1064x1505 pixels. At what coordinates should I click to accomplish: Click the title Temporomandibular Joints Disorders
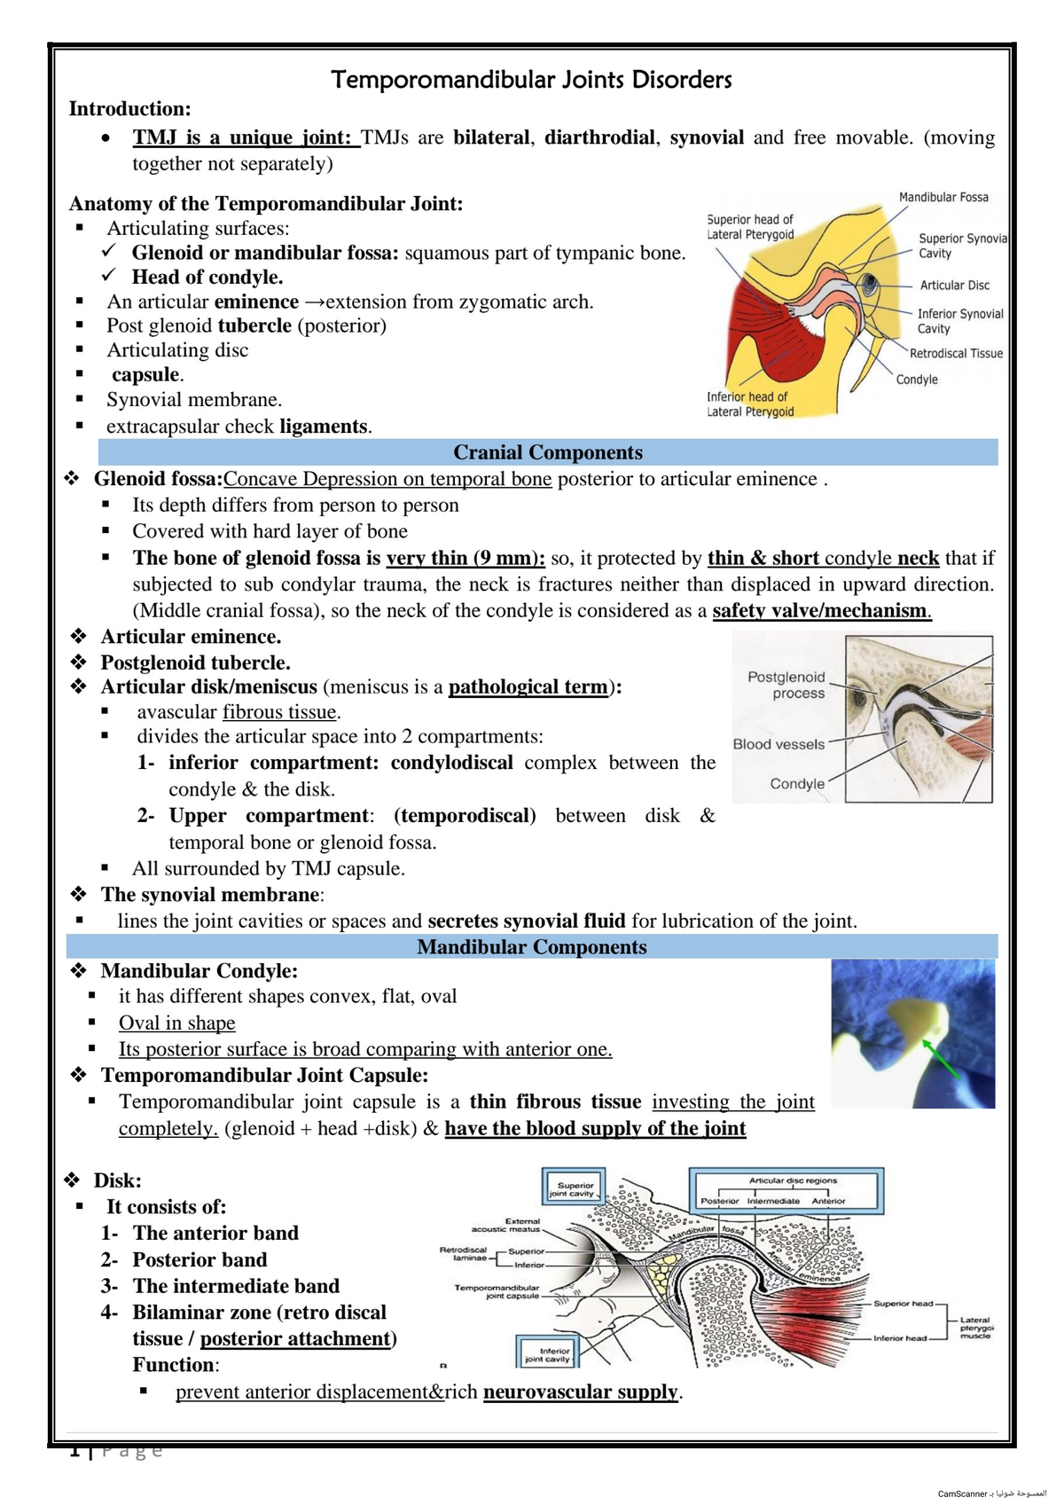coord(531,80)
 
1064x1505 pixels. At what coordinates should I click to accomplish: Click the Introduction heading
coord(130,109)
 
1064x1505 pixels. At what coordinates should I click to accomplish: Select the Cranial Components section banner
coord(547,452)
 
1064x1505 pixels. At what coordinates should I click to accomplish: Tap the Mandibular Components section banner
coord(532,947)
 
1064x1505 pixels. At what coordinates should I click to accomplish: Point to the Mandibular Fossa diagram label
coord(943,197)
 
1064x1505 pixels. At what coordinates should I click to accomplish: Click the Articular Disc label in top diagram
coord(954,285)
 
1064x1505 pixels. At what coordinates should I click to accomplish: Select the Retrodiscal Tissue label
coord(956,353)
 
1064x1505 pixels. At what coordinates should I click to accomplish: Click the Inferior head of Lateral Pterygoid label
coord(750,404)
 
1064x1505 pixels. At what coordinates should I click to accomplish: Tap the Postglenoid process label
coord(786,685)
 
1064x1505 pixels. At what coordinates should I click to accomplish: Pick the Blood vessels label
coord(778,744)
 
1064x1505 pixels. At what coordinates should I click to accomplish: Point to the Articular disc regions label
coord(793,1180)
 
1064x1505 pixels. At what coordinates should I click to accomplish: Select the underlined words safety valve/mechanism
coord(821,610)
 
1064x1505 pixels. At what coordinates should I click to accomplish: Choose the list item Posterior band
coord(199,1259)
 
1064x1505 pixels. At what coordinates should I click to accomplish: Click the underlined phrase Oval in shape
coord(177,1023)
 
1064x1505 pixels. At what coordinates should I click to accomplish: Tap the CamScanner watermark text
coord(991,1493)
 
